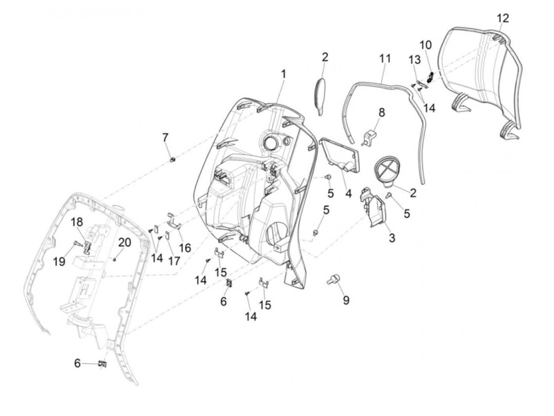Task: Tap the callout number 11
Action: click(x=385, y=59)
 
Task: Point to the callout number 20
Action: click(x=124, y=242)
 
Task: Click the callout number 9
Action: click(x=346, y=301)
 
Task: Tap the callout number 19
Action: click(x=60, y=261)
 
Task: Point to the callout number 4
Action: click(x=348, y=194)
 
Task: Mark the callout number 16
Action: click(x=185, y=248)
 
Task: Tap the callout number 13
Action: click(x=415, y=60)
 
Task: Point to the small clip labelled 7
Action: click(x=172, y=159)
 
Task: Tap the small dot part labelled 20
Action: click(x=114, y=259)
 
